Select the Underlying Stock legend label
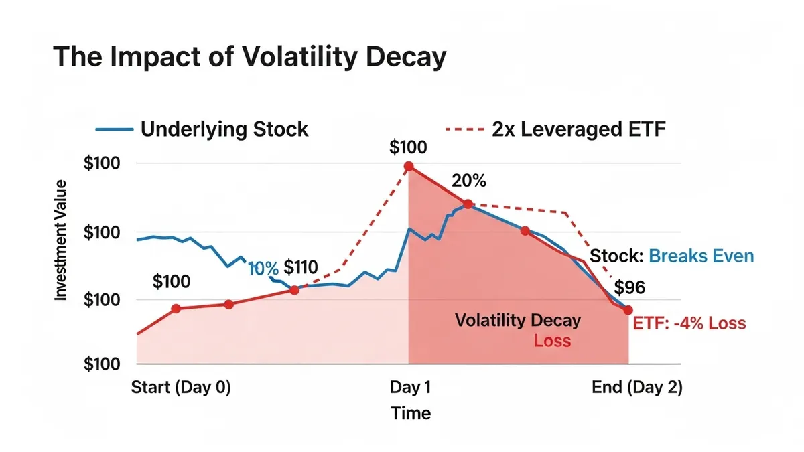(224, 129)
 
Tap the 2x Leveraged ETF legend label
(579, 129)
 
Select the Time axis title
(411, 413)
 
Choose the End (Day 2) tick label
(636, 388)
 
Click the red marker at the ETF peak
(409, 166)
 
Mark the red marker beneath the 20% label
(468, 204)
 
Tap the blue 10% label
(263, 269)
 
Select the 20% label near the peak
(469, 181)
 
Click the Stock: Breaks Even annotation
(671, 256)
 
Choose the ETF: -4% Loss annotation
(689, 323)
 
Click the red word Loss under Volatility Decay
(552, 340)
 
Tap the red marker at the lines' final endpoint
(628, 310)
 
